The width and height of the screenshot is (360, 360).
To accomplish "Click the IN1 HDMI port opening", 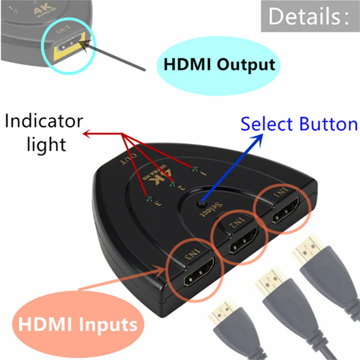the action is [286, 210].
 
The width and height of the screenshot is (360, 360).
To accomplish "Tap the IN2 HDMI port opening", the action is [244, 240].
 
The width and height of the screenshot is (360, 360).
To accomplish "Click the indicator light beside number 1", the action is [195, 170].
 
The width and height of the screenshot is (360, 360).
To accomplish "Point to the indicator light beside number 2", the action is [173, 184].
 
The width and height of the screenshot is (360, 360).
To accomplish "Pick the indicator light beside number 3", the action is [150, 198].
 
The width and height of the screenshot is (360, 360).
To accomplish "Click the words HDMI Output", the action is [219, 64].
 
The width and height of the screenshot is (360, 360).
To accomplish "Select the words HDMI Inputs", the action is [78, 324].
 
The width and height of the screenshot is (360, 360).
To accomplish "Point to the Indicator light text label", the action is [44, 133].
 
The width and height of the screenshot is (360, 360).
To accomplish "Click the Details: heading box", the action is [310, 16].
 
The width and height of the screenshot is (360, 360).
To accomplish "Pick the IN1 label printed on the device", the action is [280, 192].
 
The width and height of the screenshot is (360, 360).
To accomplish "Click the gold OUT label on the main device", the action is [129, 159].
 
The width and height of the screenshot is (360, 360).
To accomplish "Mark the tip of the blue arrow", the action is [263, 134].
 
